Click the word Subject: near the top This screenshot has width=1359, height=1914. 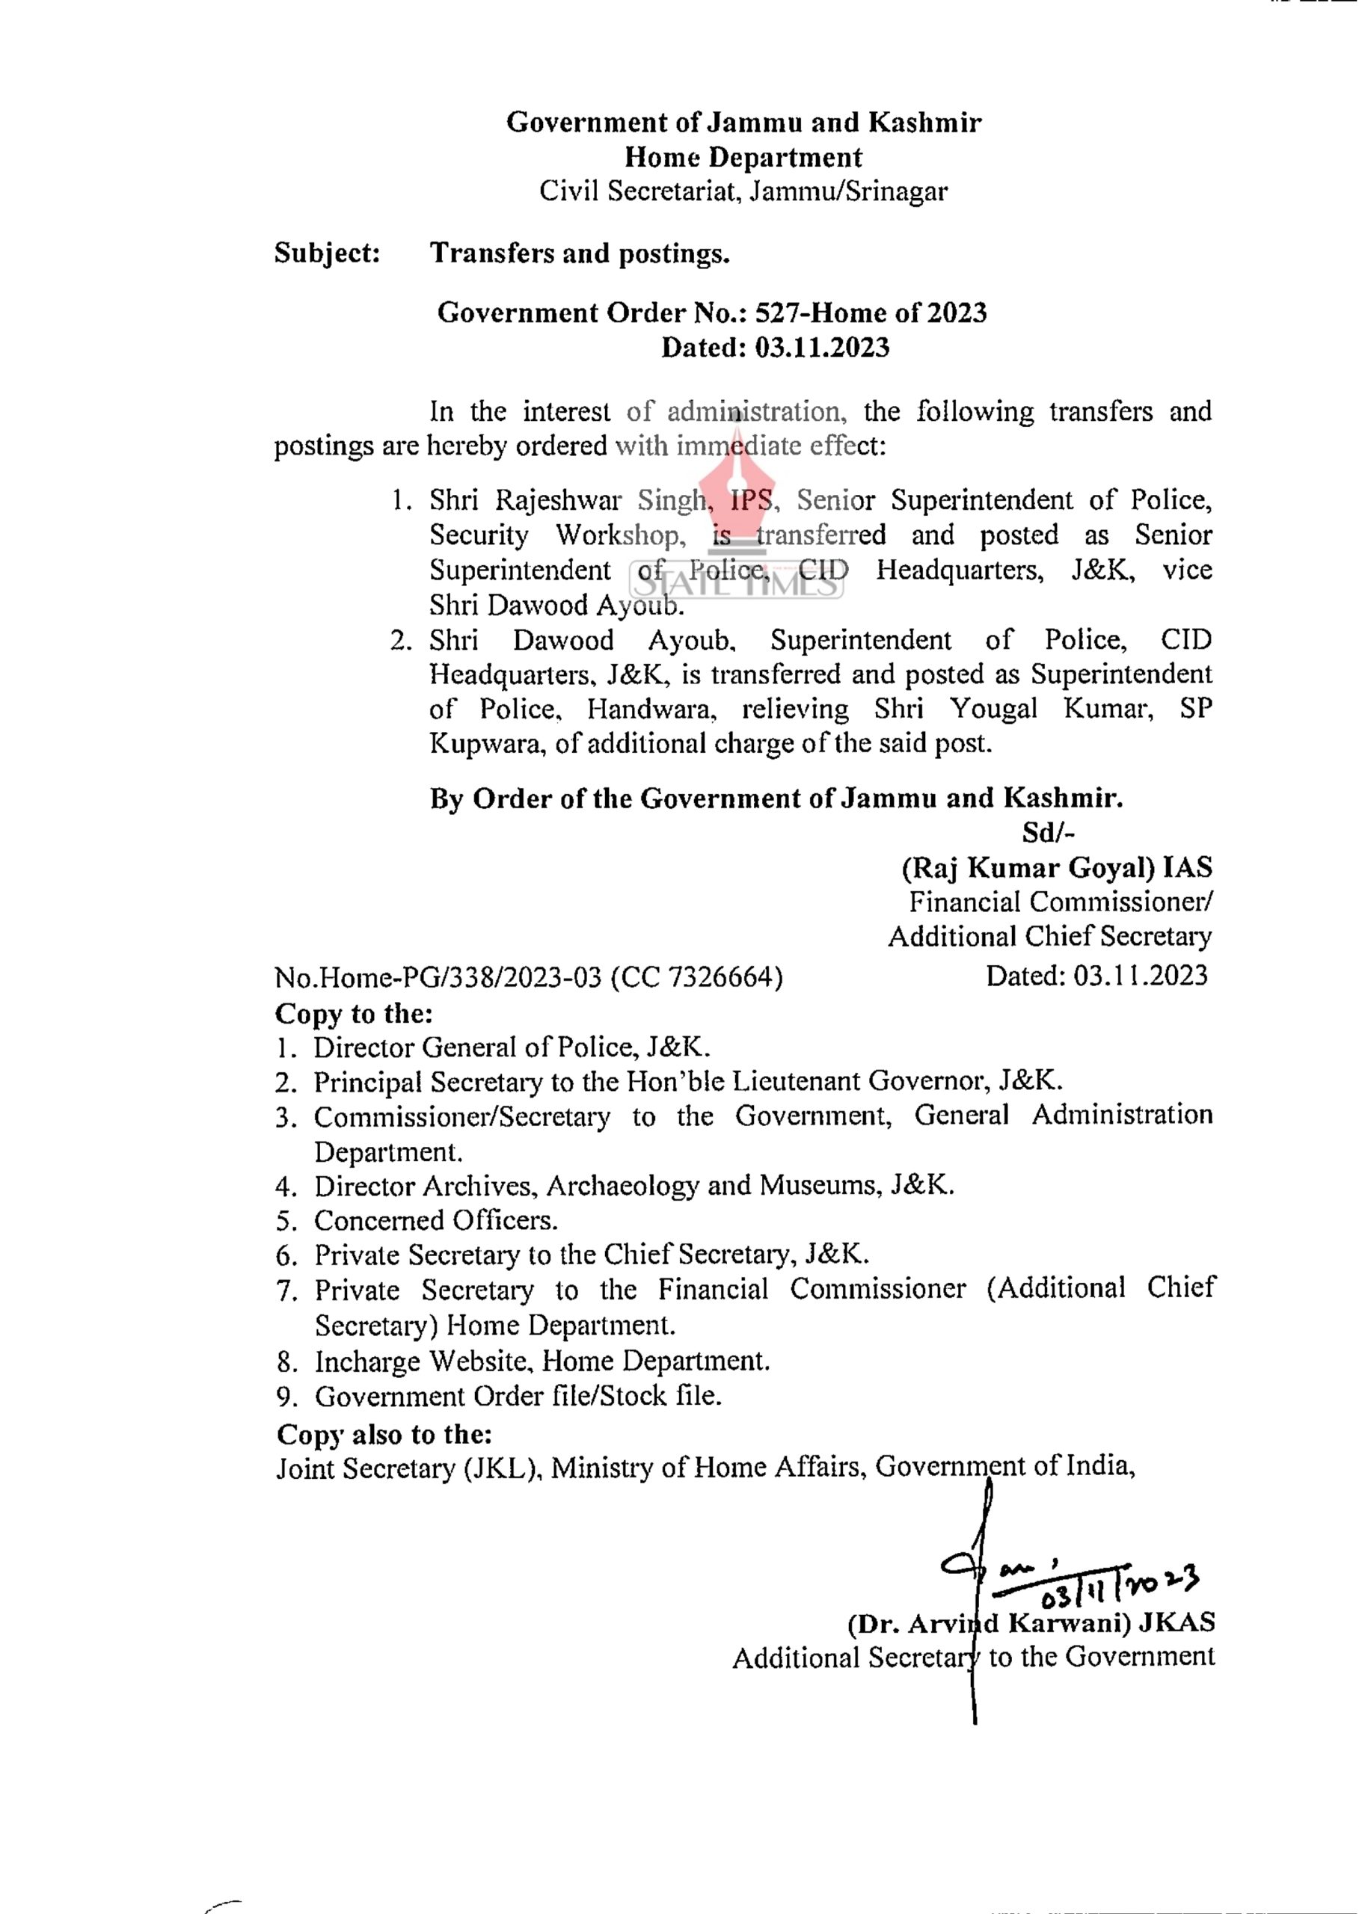click(x=327, y=253)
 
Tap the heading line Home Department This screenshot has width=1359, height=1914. click(x=743, y=157)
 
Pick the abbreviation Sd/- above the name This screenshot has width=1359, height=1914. click(x=1048, y=832)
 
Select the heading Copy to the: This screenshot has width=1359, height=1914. click(x=354, y=1013)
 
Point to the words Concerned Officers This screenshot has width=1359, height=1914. click(x=435, y=1220)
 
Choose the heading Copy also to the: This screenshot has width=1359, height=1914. click(x=384, y=1434)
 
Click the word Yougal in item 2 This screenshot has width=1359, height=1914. click(x=993, y=710)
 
